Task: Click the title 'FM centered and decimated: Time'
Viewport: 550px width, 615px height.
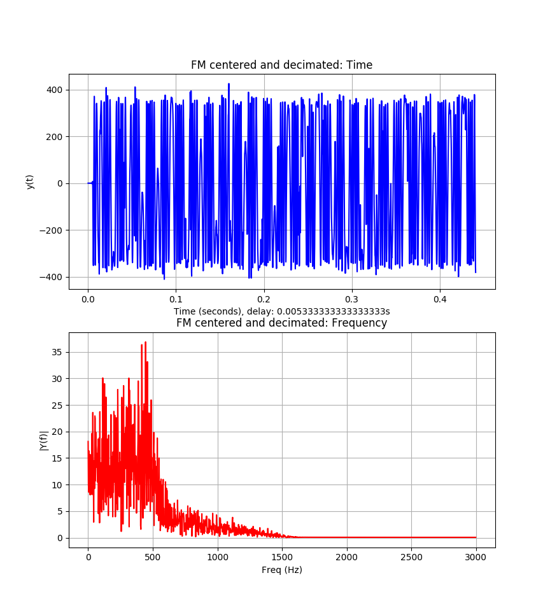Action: click(x=281, y=65)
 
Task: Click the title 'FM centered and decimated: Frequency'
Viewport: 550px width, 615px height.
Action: click(x=281, y=323)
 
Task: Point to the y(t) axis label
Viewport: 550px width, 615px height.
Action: click(x=30, y=181)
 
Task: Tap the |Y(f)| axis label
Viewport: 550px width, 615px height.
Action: click(x=43, y=440)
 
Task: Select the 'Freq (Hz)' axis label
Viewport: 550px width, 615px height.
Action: click(x=281, y=570)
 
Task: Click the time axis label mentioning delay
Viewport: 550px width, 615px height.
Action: click(x=281, y=311)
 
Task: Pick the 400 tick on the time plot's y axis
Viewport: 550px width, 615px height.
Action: click(x=54, y=90)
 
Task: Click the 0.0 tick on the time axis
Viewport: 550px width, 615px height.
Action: click(x=88, y=299)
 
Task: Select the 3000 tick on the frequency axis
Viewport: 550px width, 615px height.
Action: click(x=476, y=557)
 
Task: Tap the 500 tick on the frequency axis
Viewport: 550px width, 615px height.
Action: click(x=153, y=557)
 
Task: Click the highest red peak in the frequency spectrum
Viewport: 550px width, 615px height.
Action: click(x=145, y=343)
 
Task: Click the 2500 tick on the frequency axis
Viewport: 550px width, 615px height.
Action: click(x=411, y=557)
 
